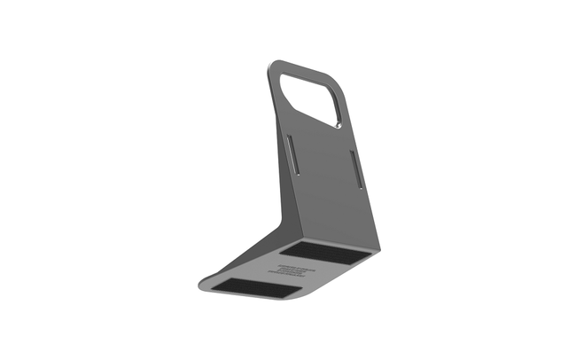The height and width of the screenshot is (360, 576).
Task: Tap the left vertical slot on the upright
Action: (x=292, y=156)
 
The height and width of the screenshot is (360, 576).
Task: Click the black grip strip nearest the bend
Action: (x=332, y=253)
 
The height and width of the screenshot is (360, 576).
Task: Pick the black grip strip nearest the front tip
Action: (x=258, y=286)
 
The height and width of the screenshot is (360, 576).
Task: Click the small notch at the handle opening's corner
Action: (x=339, y=127)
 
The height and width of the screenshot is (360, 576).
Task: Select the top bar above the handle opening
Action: (x=306, y=69)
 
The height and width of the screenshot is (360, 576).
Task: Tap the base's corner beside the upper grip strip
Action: (x=376, y=249)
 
